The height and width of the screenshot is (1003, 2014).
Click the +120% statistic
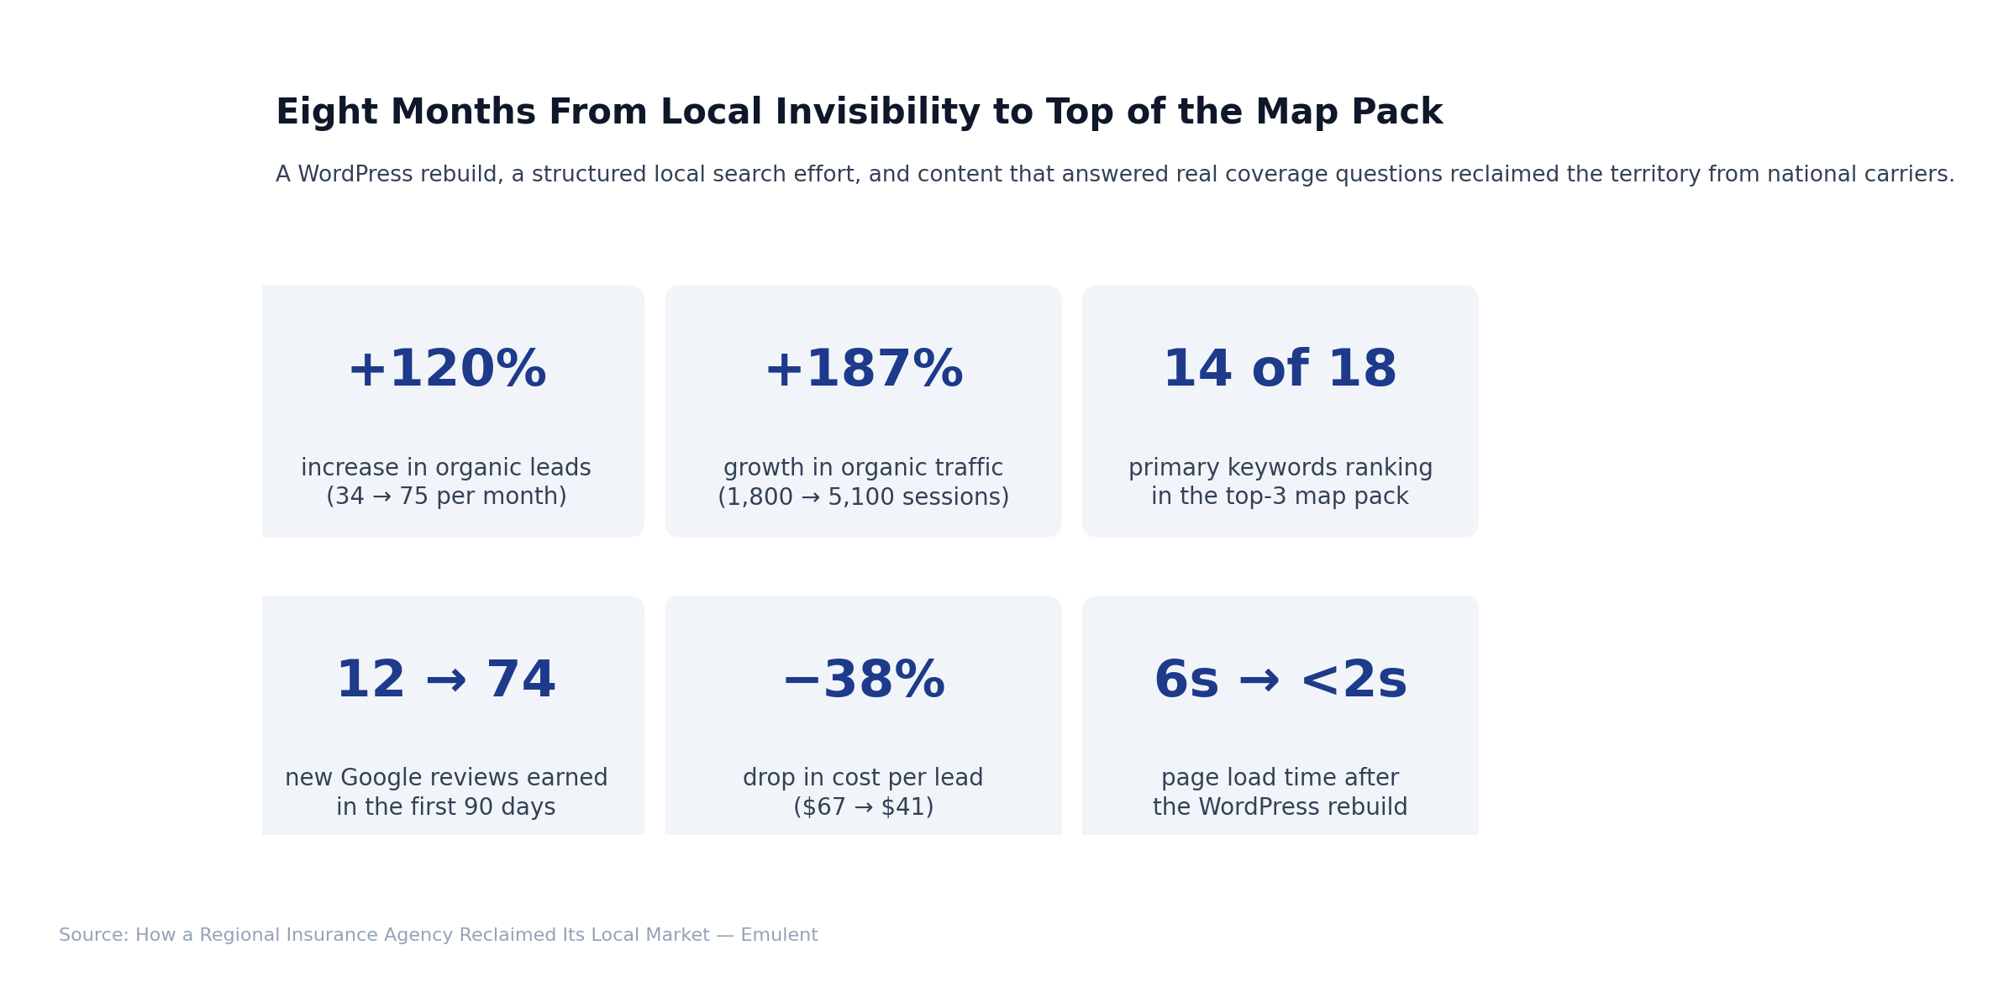[x=446, y=370]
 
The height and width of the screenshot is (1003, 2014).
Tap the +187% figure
[x=863, y=370]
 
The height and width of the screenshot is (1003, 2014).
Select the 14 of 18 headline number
[x=1280, y=370]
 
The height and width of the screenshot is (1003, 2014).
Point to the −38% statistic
[x=863, y=681]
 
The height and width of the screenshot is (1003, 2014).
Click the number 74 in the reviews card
[x=521, y=681]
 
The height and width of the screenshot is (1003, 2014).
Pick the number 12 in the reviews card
[x=371, y=681]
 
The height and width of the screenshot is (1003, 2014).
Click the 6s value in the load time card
[x=1186, y=681]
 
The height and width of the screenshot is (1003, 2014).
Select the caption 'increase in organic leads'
[x=446, y=468]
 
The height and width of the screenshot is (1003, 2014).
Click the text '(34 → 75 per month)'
[x=446, y=496]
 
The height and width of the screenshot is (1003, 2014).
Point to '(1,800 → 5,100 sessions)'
[x=863, y=497]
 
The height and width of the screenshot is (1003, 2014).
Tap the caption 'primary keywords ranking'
[x=1280, y=468]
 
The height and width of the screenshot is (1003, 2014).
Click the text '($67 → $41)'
[x=863, y=807]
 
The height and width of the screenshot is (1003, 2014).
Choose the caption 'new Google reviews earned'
[x=446, y=778]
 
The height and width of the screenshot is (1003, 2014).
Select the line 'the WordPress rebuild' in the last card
[x=1280, y=807]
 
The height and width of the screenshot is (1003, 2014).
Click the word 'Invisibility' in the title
[x=877, y=113]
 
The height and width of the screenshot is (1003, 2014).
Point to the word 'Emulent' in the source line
[x=779, y=935]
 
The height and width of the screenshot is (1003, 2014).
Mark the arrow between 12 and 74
[x=446, y=681]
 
